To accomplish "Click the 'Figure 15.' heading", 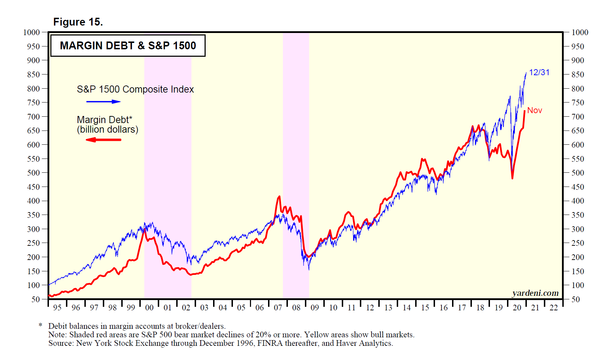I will tap(78, 22).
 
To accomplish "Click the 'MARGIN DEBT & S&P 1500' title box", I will tap(128, 45).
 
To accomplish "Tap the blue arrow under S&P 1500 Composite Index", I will tap(103, 102).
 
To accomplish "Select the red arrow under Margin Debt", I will tap(103, 140).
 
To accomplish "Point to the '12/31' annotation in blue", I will tap(539, 72).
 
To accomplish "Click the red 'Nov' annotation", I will tap(534, 110).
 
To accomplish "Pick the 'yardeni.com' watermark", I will tap(535, 293).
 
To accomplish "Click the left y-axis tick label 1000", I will tap(32, 32).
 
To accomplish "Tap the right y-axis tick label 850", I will tap(578, 74).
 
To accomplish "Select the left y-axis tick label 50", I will tap(35, 299).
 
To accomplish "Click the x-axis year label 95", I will tap(57, 308).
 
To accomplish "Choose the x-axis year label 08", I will tap(296, 308).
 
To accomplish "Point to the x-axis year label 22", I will tap(553, 308).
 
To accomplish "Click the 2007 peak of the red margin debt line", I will tap(279, 196).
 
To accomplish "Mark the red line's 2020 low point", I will tap(512, 178).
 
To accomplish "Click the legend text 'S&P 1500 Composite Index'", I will tap(135, 89).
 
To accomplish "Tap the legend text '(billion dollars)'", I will tap(107, 129).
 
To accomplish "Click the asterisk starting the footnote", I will tap(41, 326).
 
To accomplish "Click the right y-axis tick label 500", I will tap(578, 173).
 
